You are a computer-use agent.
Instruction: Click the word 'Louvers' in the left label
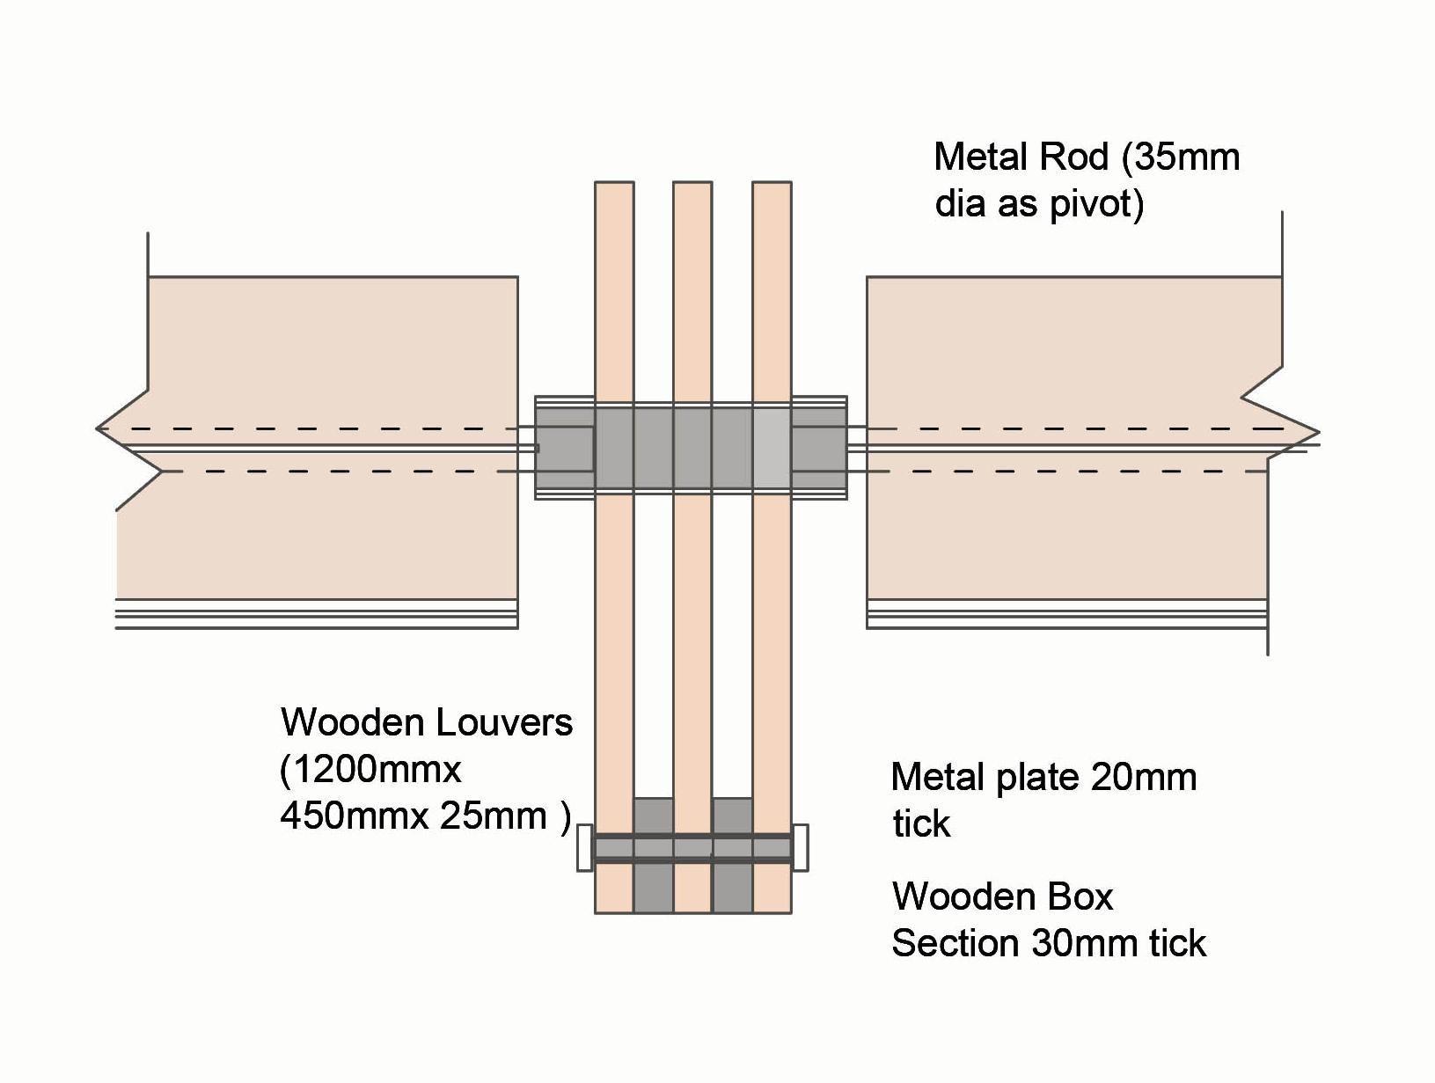[503, 723]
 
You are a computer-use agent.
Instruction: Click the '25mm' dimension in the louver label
[494, 816]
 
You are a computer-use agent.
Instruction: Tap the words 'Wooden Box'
[1002, 896]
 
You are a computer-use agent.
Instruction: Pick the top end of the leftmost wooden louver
[614, 182]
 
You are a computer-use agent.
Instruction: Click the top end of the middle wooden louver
[693, 182]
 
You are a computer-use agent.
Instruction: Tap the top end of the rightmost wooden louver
[772, 182]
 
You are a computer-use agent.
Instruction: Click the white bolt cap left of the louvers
[584, 848]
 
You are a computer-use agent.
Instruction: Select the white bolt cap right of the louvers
[800, 848]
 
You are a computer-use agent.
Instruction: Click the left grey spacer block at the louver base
[654, 855]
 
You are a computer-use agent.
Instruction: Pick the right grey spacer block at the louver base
[732, 855]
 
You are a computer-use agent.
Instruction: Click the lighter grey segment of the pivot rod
[772, 449]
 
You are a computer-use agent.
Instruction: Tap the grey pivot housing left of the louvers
[565, 449]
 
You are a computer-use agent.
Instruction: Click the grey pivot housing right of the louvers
[820, 449]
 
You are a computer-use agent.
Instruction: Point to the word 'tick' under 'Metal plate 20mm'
[922, 824]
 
